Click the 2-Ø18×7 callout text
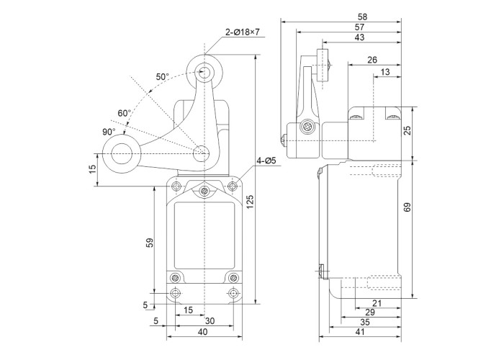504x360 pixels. coord(241,32)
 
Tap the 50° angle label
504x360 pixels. coord(162,77)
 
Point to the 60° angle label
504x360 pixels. coord(125,113)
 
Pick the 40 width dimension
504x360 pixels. coord(202,332)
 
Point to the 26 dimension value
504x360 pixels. coord(373,60)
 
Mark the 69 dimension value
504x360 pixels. coord(408,207)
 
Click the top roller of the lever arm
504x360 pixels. coord(204,71)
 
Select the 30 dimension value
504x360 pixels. coord(210,321)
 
